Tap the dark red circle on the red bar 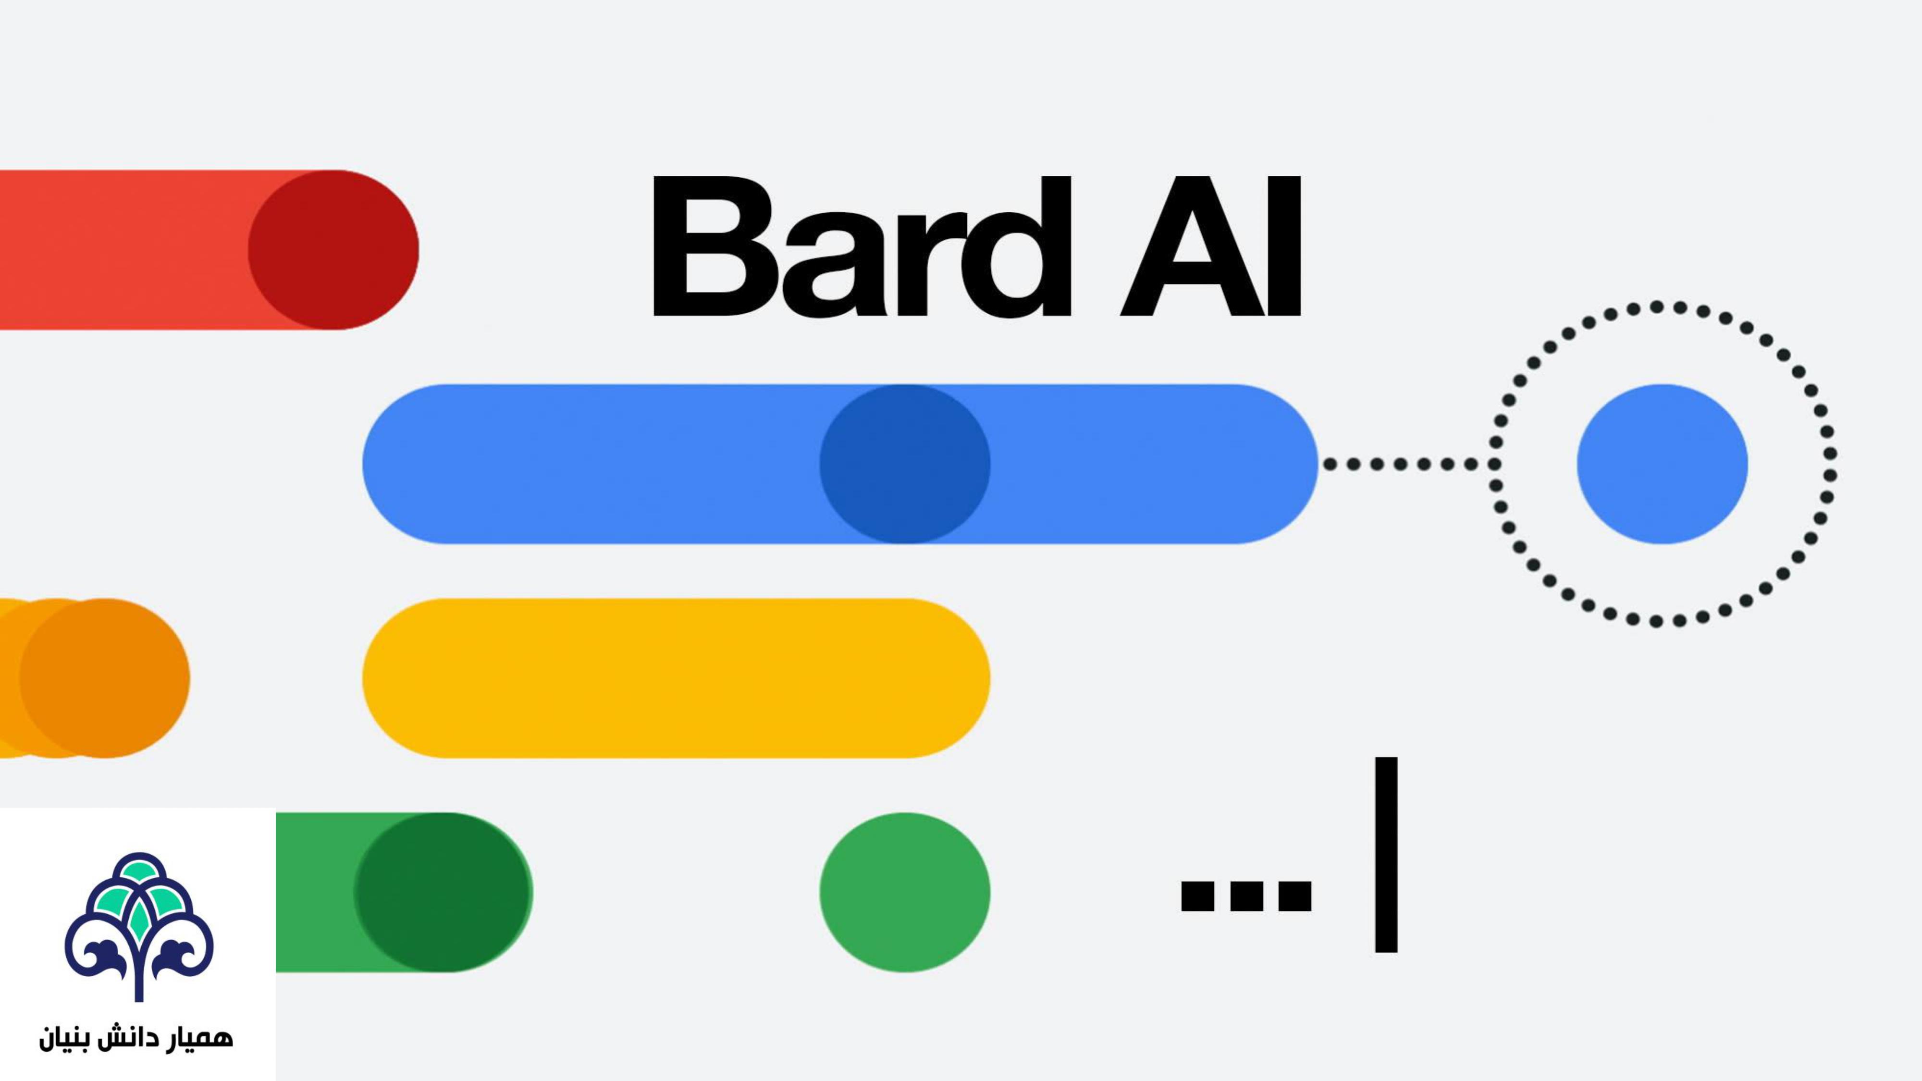coord(333,250)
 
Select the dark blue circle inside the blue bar coord(904,464)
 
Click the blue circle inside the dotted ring coord(1662,464)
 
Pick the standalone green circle coord(904,892)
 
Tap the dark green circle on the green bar coord(442,892)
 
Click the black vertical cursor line coord(1386,855)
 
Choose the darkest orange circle coord(104,678)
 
